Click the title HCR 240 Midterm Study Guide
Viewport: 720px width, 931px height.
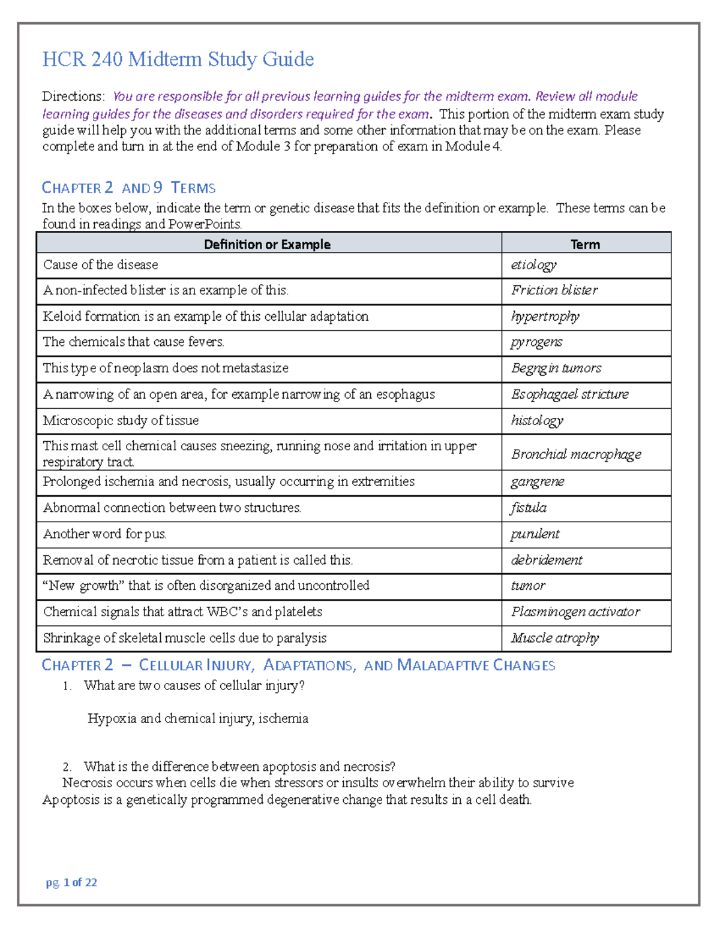(178, 59)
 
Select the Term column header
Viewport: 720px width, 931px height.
(585, 244)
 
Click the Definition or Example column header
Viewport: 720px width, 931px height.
(267, 244)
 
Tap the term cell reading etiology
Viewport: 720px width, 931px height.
(533, 264)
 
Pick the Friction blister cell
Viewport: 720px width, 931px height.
(554, 290)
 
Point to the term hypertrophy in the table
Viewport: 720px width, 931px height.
(545, 317)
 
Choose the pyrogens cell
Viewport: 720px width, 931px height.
(536, 342)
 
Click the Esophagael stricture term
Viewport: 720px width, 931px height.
(570, 394)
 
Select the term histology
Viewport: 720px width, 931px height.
(537, 421)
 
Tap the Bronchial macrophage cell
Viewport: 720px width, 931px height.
(576, 454)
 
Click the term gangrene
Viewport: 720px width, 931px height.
(538, 482)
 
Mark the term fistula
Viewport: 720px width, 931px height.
(529, 508)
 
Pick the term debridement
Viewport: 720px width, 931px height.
(547, 560)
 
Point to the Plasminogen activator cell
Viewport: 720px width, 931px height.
(575, 612)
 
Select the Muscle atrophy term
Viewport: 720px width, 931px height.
(555, 638)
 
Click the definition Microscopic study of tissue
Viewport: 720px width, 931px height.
(121, 421)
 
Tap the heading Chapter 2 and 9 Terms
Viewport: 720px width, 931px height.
(128, 188)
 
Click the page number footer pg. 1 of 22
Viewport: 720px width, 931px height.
(71, 882)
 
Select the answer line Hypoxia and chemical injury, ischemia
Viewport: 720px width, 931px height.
(198, 718)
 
